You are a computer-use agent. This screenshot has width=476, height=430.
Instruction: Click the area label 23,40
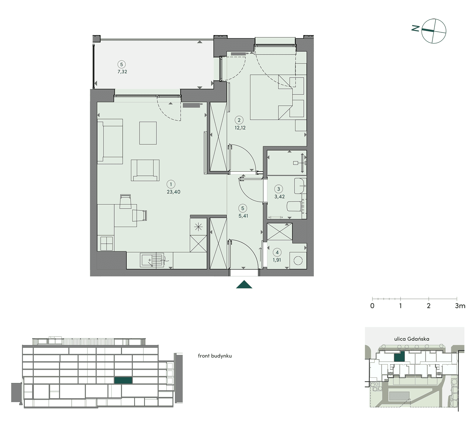[173, 192]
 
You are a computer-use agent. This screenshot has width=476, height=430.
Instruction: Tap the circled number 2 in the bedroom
[239, 120]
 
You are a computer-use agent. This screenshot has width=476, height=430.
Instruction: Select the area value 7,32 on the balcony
[122, 72]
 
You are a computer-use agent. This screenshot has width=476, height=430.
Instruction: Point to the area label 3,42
[280, 197]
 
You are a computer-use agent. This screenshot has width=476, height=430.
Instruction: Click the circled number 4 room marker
[277, 253]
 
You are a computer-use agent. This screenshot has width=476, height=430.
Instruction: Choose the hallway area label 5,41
[243, 216]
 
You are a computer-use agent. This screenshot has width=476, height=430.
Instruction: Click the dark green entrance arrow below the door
[244, 284]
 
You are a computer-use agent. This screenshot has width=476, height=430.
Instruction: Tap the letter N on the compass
[416, 28]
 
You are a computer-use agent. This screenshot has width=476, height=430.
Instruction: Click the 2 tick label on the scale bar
[429, 306]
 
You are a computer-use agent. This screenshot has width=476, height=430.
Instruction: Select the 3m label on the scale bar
[460, 306]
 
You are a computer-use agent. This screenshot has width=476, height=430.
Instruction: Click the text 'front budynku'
[215, 356]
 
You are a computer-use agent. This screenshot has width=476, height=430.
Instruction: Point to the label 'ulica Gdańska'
[412, 339]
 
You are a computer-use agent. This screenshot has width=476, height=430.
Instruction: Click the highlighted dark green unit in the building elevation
[123, 380]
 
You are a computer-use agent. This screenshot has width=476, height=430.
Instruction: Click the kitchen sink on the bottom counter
[152, 261]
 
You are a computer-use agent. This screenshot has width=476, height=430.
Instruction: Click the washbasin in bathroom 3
[300, 185]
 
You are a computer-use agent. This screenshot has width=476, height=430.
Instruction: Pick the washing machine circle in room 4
[298, 261]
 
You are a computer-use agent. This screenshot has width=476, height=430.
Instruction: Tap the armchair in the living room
[145, 170]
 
